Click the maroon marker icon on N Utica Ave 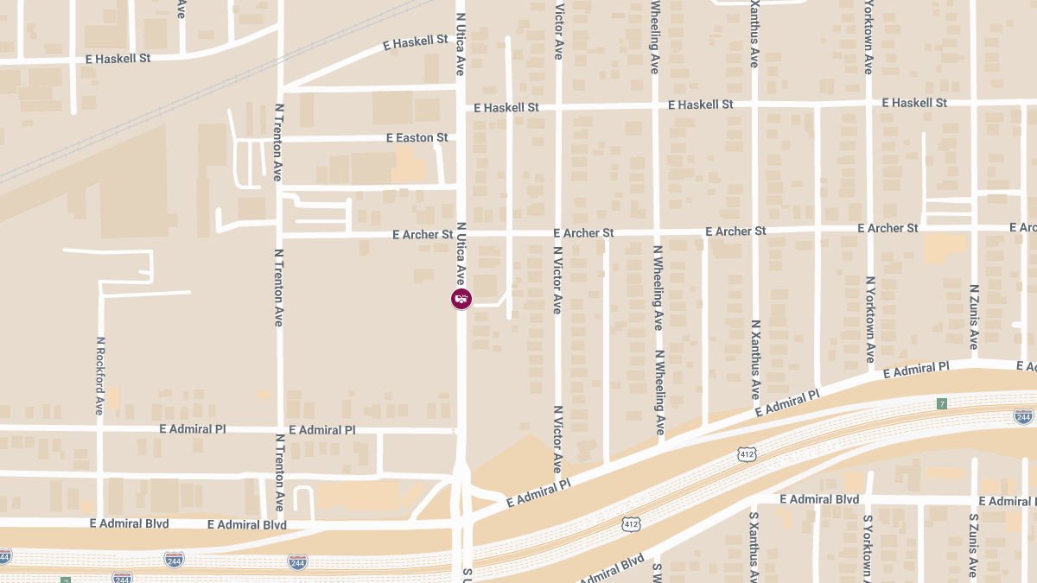tap(461, 299)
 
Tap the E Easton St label tap(417, 138)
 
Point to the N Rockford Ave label tap(100, 375)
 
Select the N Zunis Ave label tap(974, 316)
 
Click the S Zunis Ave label tap(974, 545)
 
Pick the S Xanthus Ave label tap(754, 545)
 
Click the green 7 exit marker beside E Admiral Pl tap(941, 403)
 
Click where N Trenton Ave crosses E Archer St tap(279, 234)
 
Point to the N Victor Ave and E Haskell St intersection tap(558, 107)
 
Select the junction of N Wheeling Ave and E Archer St tap(656, 231)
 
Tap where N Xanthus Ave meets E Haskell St tap(754, 105)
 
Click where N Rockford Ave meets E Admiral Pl tap(100, 428)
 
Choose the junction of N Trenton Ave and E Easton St tap(279, 138)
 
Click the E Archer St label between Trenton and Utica tap(423, 234)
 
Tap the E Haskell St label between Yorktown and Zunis tap(914, 103)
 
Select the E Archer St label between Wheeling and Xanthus tap(735, 231)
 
